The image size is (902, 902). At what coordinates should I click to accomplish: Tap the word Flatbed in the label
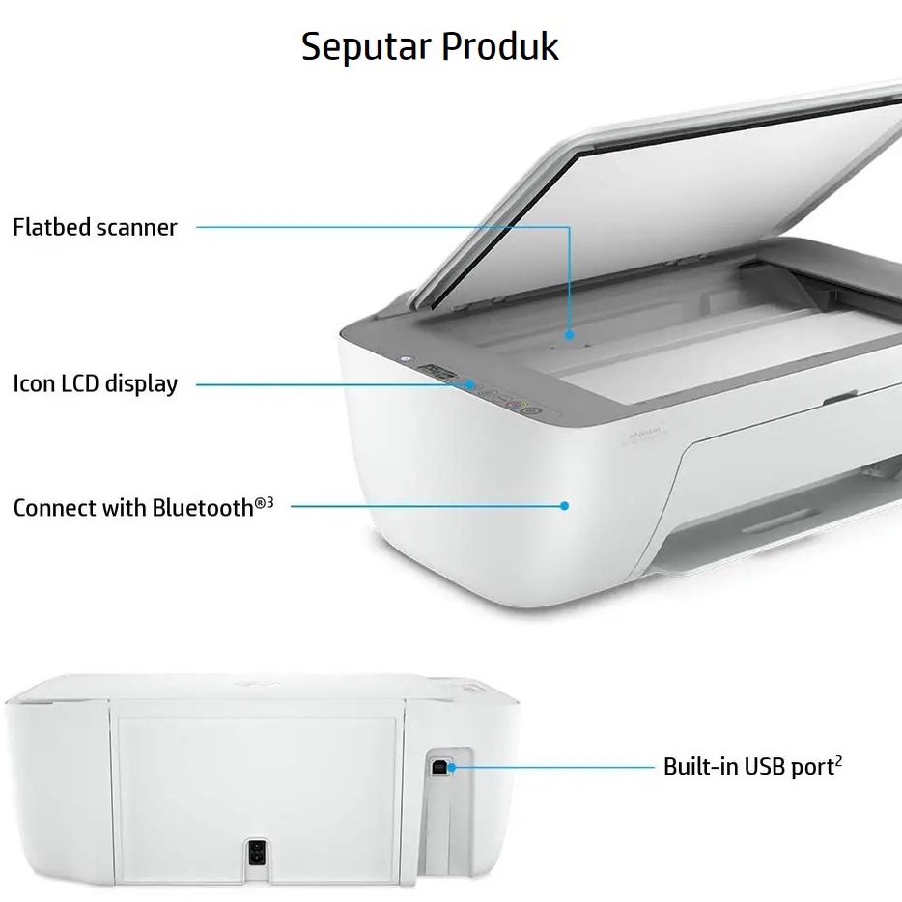49,227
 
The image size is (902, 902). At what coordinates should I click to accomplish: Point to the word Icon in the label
34,383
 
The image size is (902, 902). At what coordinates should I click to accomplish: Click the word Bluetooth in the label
203,507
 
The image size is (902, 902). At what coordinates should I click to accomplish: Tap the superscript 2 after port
838,761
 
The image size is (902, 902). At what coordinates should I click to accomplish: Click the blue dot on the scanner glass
570,335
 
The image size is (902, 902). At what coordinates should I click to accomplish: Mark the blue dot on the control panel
470,383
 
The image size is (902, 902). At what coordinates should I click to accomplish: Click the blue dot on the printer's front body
565,505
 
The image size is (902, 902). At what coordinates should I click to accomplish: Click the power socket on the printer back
257,853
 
